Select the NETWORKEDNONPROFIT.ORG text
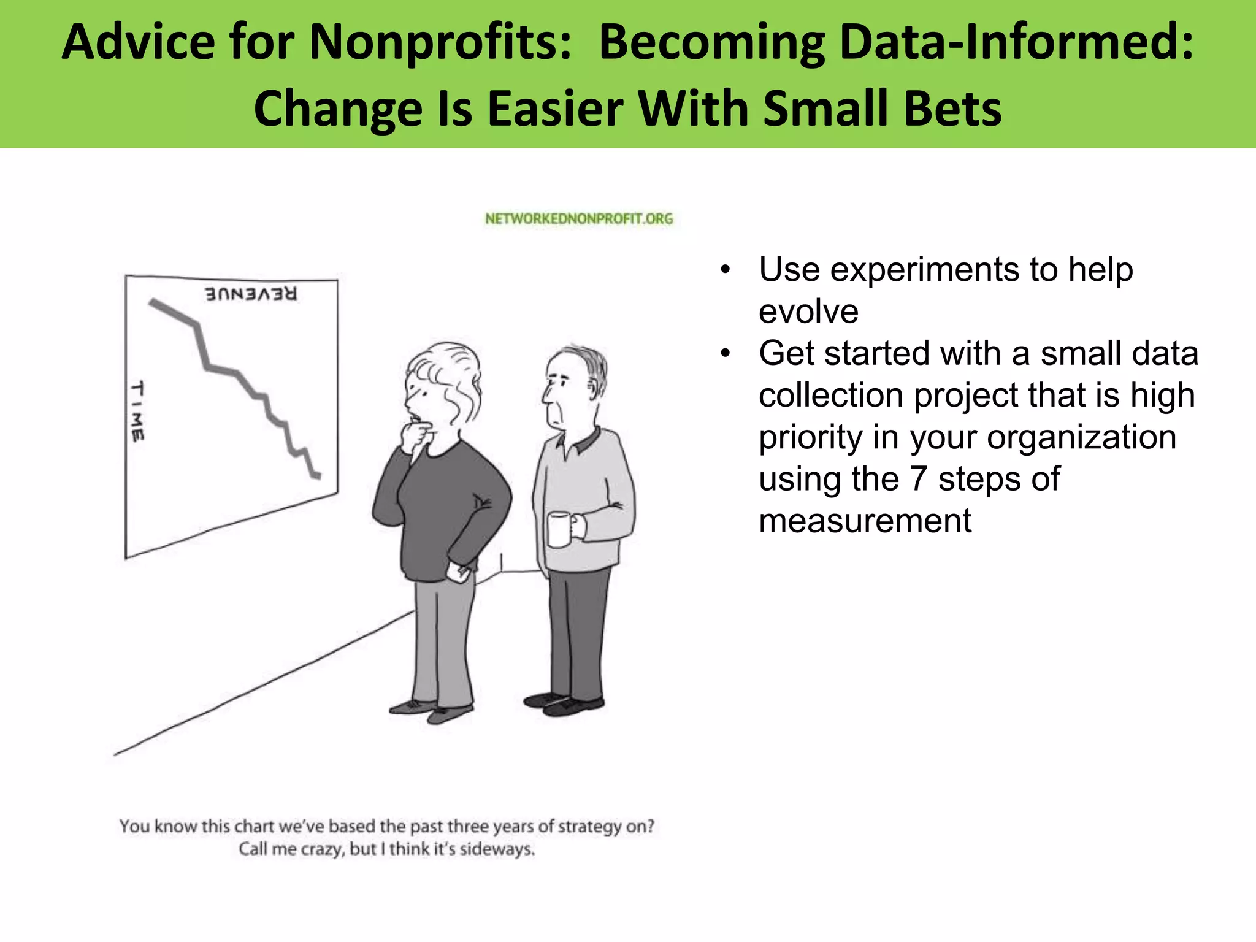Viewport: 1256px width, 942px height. [578, 219]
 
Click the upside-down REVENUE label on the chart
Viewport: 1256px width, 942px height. [251, 294]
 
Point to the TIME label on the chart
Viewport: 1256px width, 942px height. [138, 411]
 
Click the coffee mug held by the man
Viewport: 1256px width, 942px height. [559, 529]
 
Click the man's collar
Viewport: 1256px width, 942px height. [579, 440]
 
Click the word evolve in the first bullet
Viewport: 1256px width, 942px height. [808, 311]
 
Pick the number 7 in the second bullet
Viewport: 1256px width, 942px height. [917, 478]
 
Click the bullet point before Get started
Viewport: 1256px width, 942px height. [726, 354]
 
